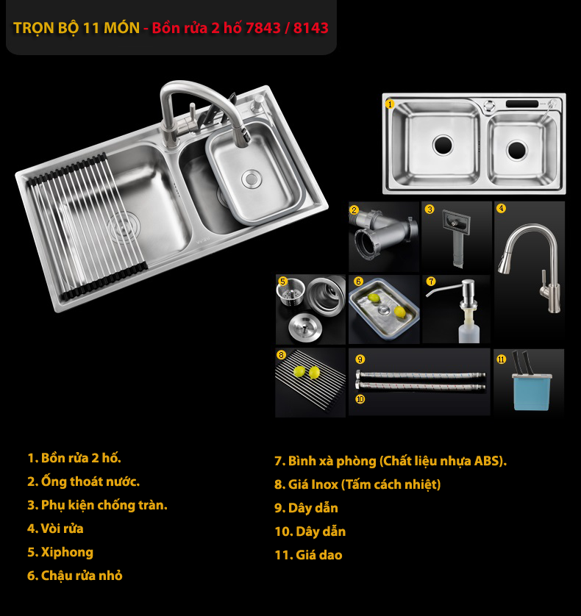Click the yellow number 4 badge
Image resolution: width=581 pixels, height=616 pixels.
click(x=501, y=208)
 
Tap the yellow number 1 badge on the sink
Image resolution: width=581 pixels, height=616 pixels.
click(x=390, y=104)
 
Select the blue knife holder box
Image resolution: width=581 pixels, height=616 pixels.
click(x=532, y=392)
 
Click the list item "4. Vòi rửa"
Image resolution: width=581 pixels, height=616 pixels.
click(x=55, y=529)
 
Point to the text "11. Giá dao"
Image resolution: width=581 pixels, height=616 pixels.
click(x=309, y=555)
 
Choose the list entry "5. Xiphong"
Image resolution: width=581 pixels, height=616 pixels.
click(x=60, y=552)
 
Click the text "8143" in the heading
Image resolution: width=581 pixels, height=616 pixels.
click(x=310, y=28)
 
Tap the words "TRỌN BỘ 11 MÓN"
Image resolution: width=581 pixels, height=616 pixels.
click(x=76, y=28)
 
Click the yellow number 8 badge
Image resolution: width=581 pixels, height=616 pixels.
click(x=281, y=355)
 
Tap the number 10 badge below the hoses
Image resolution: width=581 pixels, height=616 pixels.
click(x=360, y=400)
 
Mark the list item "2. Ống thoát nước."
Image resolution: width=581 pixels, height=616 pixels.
click(x=83, y=481)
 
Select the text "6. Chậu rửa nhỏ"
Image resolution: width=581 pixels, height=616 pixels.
click(x=75, y=576)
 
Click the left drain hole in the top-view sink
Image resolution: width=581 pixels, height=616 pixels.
click(x=443, y=145)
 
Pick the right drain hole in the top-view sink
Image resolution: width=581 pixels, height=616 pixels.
click(x=516, y=150)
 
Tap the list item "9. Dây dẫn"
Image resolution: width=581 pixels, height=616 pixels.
click(x=306, y=508)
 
